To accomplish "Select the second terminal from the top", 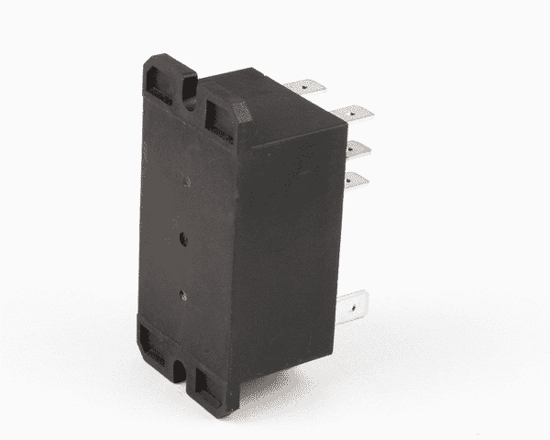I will pos(353,113).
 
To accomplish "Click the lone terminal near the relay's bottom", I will pos(355,302).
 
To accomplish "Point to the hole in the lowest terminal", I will pos(360,301).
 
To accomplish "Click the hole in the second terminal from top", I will pos(358,112).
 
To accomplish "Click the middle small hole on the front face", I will pos(184,236).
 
